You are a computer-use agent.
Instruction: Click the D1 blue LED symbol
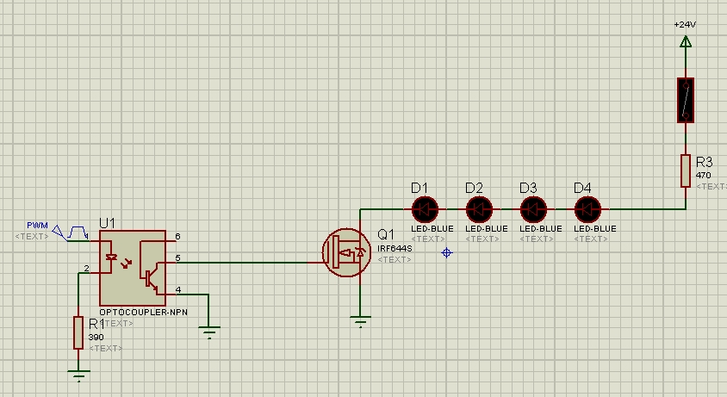click(425, 208)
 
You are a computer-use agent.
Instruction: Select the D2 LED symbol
click(479, 208)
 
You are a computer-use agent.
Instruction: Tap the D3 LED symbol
click(533, 208)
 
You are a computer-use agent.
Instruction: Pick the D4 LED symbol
click(587, 208)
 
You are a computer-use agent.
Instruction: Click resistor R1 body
click(78, 332)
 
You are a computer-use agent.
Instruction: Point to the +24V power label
click(685, 25)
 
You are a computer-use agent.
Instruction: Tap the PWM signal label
click(36, 225)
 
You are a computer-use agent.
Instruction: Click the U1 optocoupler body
click(132, 263)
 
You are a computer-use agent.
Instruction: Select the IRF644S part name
click(395, 248)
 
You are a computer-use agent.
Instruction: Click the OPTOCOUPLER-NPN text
click(143, 313)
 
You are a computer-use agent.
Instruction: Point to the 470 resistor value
click(703, 176)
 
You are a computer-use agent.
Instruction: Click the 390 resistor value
click(96, 338)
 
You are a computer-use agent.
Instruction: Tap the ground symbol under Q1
click(360, 323)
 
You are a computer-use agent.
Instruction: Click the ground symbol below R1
click(78, 375)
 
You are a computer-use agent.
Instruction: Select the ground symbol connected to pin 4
click(208, 329)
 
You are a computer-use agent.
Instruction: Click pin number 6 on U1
click(177, 236)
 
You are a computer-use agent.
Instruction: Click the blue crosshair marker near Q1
click(446, 252)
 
